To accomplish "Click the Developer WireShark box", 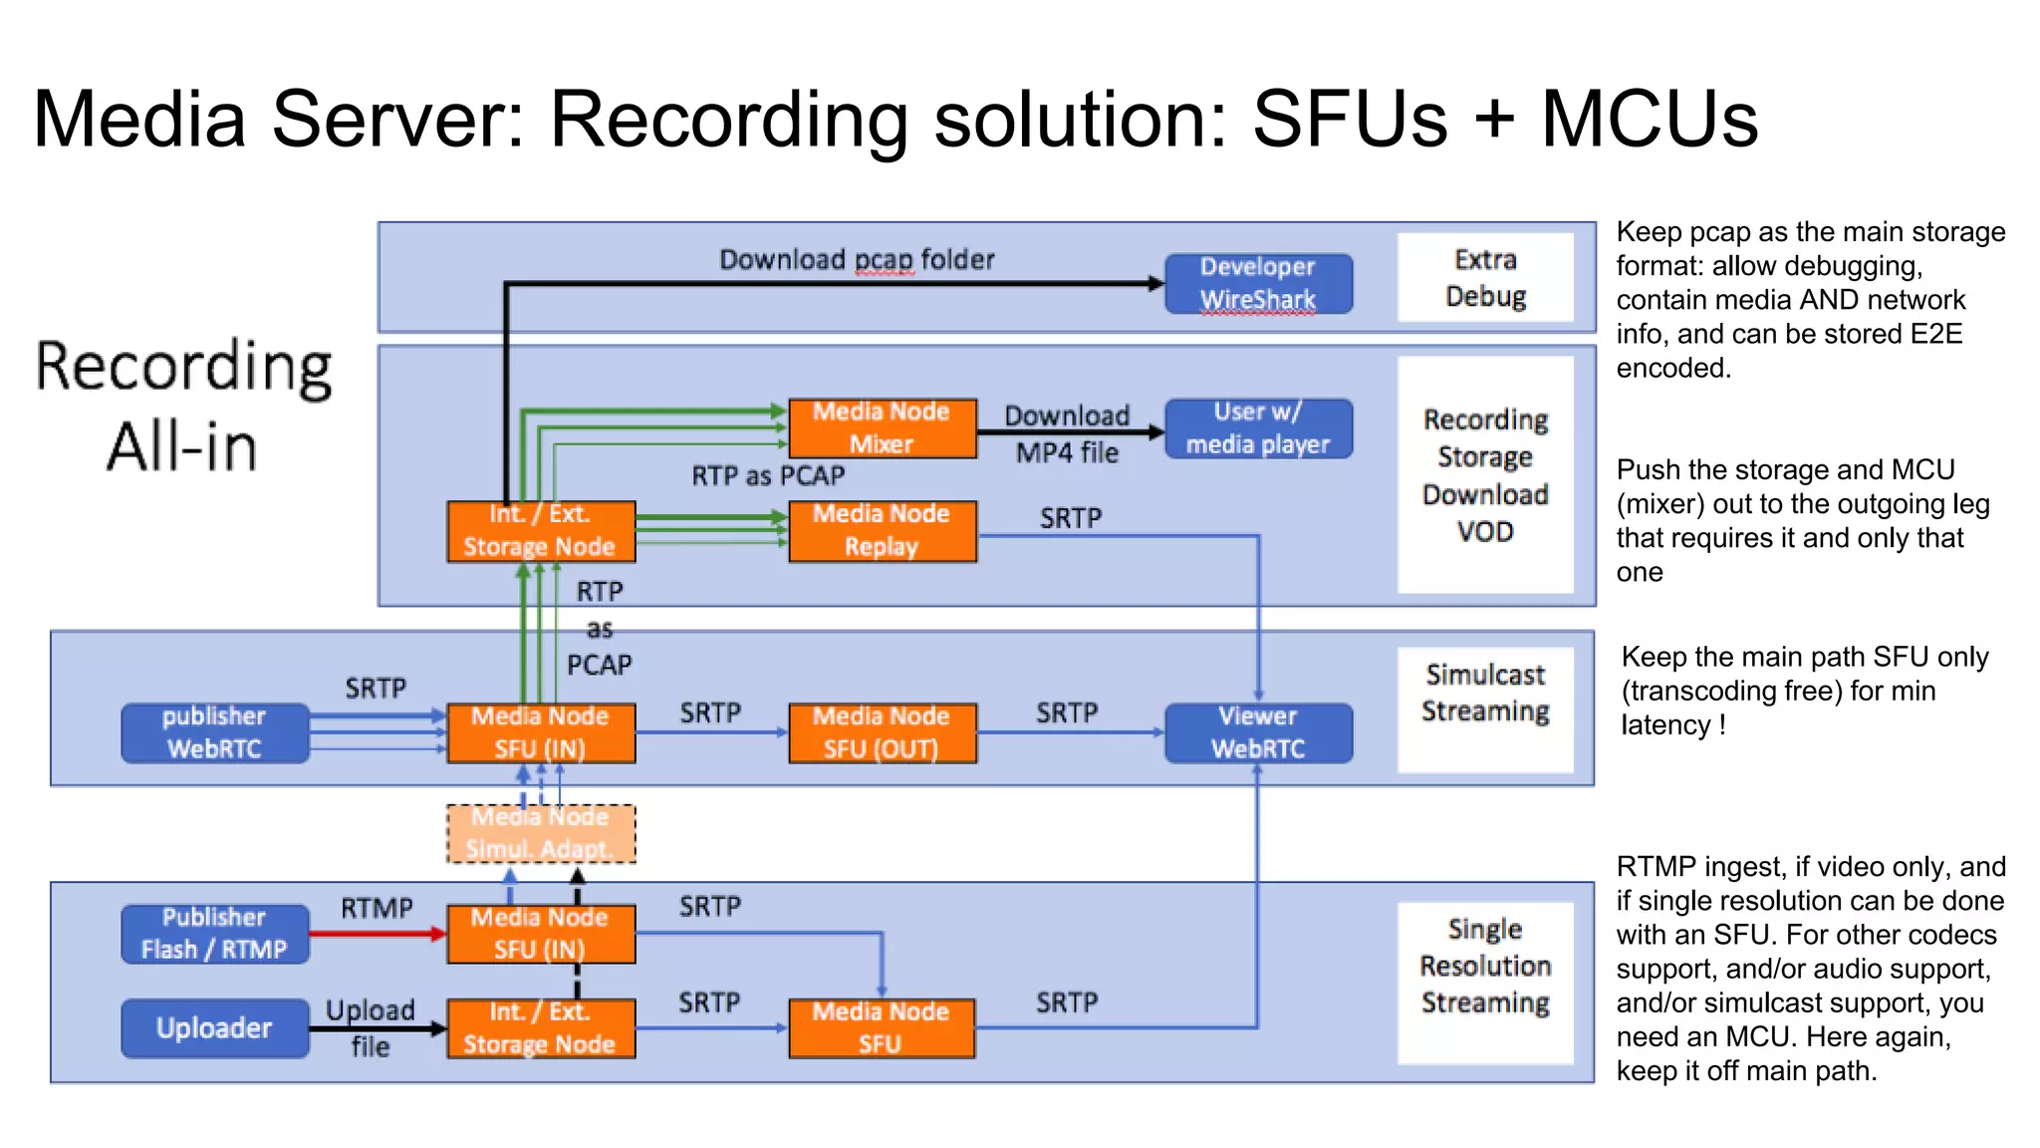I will (1258, 283).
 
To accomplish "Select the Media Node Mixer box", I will (882, 428).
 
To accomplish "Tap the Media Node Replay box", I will (882, 530).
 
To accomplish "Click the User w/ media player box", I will (1258, 428).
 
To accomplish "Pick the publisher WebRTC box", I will (214, 732).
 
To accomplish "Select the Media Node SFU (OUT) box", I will (882, 732).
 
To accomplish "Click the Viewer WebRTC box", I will (1258, 732).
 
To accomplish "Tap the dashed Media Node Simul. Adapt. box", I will (540, 833).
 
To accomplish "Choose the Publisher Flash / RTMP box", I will (214, 933).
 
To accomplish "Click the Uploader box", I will (214, 1027).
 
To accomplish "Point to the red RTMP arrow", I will (377, 934).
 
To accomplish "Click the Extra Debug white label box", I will (1484, 277).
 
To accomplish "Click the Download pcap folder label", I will (857, 260).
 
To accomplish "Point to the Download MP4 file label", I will (1067, 434).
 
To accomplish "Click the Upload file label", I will (370, 1027).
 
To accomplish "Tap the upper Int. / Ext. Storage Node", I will (540, 530).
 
